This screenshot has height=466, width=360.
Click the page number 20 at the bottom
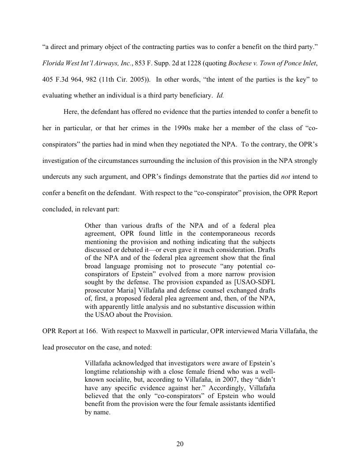click(x=180, y=444)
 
